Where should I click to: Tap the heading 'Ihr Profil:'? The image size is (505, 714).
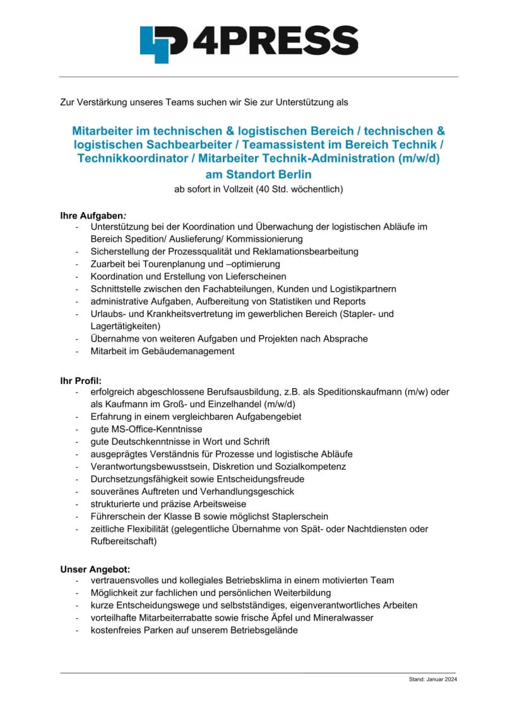pos(81,381)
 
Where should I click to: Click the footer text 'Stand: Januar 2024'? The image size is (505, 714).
pos(432,679)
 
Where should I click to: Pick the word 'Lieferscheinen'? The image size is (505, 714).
pos(256,277)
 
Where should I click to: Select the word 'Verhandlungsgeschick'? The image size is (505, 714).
pos(249,491)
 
